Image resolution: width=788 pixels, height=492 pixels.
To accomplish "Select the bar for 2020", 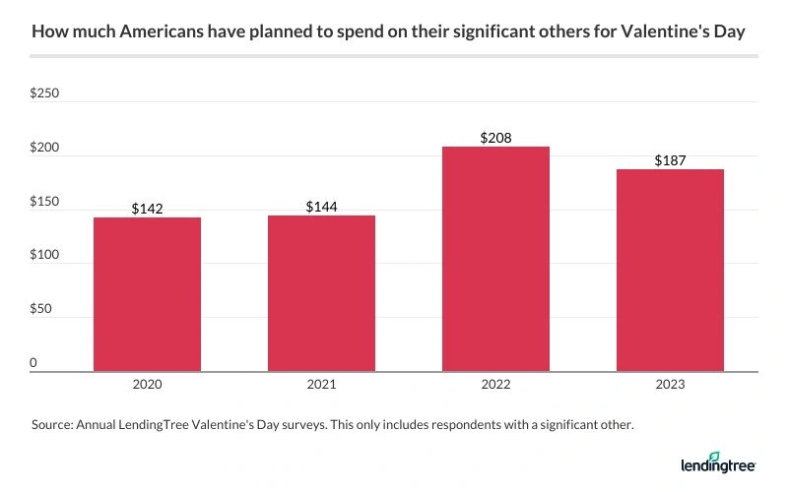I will tap(147, 294).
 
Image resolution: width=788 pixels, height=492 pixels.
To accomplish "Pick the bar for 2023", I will tap(670, 271).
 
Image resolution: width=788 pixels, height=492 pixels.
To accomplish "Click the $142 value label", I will tap(147, 209).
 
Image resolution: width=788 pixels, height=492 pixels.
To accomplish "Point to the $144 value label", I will tap(321, 207).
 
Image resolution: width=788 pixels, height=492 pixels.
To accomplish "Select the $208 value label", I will tap(495, 138).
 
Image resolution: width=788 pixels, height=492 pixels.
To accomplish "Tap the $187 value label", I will tap(670, 160).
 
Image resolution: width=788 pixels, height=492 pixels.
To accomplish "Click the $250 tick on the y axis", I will tap(45, 94).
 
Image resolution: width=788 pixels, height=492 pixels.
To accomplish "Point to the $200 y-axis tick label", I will tap(45, 149).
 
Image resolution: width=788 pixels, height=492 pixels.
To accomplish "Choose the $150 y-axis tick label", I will tap(45, 202).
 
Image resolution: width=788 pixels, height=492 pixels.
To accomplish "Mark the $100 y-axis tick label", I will tap(45, 256).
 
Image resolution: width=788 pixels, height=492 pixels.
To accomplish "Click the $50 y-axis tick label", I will tap(42, 310).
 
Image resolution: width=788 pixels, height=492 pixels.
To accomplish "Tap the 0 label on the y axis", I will tap(33, 363).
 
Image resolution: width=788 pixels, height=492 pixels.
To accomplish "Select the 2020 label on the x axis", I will tap(147, 387).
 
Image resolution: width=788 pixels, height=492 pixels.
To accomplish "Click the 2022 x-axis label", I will tap(495, 387).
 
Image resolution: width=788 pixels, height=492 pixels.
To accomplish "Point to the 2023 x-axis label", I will tap(670, 387).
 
